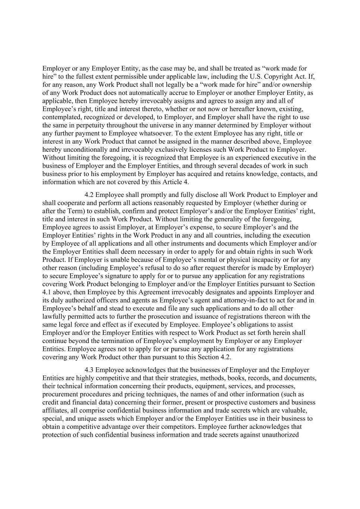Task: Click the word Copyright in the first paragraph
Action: [277, 76]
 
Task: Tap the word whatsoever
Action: [148, 133]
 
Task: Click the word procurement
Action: [60, 394]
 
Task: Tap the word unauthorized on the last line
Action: [281, 435]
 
